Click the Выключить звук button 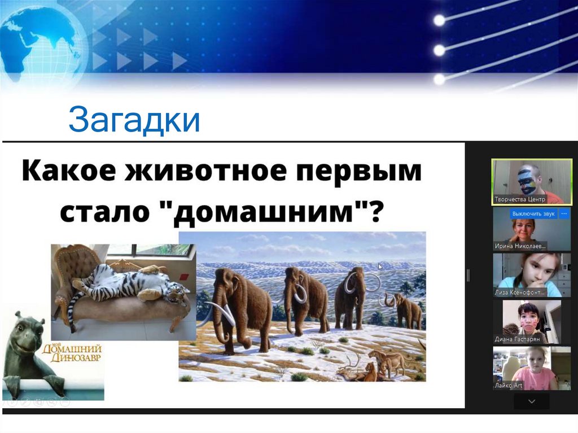tap(533, 214)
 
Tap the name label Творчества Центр tap(520, 199)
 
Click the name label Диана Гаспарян tap(517, 339)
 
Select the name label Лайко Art tap(509, 386)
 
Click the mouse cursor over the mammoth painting tap(380, 266)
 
